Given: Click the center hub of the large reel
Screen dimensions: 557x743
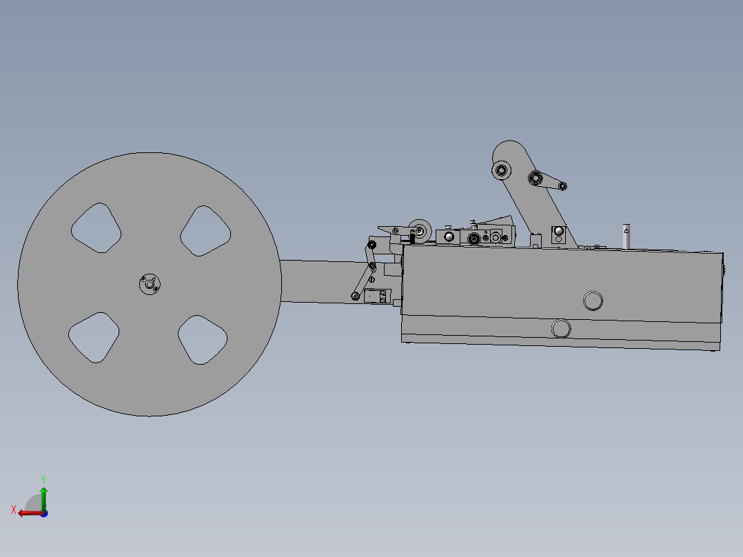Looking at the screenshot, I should [149, 284].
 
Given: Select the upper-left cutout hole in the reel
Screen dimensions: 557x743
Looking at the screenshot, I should [96, 227].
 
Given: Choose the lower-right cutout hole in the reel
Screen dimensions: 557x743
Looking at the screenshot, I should [202, 339].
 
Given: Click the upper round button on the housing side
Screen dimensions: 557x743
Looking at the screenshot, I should [592, 301].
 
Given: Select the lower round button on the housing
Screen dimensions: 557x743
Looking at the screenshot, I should [561, 329].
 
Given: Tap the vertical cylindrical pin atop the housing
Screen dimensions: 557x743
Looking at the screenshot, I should [626, 236].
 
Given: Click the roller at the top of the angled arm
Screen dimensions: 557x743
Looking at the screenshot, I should [500, 170].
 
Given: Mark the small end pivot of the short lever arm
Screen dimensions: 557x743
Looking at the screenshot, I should [563, 185].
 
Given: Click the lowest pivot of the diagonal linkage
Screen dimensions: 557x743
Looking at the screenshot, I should [355, 296].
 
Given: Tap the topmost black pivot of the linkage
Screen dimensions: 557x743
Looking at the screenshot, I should [372, 244].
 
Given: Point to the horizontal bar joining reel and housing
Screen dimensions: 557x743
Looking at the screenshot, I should [317, 281].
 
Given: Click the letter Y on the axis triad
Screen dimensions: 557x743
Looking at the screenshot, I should [43, 478].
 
